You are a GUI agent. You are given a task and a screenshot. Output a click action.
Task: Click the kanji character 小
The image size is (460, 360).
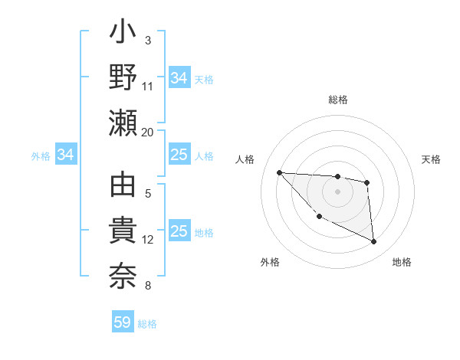(123, 34)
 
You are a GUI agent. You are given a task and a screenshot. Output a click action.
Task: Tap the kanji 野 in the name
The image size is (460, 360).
(123, 77)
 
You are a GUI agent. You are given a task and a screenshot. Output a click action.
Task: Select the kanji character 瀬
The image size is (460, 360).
(123, 123)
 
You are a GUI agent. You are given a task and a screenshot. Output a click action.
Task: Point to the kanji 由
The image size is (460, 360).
(123, 187)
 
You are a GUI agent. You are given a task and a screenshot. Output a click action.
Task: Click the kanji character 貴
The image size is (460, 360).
(123, 231)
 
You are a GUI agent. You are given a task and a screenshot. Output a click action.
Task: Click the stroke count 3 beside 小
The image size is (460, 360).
(148, 40)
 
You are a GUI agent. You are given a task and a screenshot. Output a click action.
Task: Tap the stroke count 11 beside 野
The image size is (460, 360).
(148, 86)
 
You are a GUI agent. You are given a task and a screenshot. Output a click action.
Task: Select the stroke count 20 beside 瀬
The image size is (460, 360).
(148, 132)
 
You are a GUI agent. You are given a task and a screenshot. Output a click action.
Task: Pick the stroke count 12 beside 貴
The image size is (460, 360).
(148, 240)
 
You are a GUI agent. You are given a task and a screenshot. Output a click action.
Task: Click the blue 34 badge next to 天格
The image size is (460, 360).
(179, 77)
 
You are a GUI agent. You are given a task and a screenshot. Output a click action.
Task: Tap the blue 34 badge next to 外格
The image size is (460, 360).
(66, 155)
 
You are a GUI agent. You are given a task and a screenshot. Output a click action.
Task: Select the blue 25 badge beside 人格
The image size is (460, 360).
(179, 155)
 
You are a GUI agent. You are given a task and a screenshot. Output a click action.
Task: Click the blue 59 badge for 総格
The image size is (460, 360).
(123, 322)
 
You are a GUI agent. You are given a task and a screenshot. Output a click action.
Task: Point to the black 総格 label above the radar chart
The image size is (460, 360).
(338, 100)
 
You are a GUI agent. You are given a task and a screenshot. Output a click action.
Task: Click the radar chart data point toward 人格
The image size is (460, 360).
(279, 172)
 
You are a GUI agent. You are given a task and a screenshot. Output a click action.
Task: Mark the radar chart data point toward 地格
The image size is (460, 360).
(374, 242)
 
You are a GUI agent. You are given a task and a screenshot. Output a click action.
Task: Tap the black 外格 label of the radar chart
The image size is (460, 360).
(270, 262)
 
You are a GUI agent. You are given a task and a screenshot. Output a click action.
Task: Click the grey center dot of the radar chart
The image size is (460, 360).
(337, 191)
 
